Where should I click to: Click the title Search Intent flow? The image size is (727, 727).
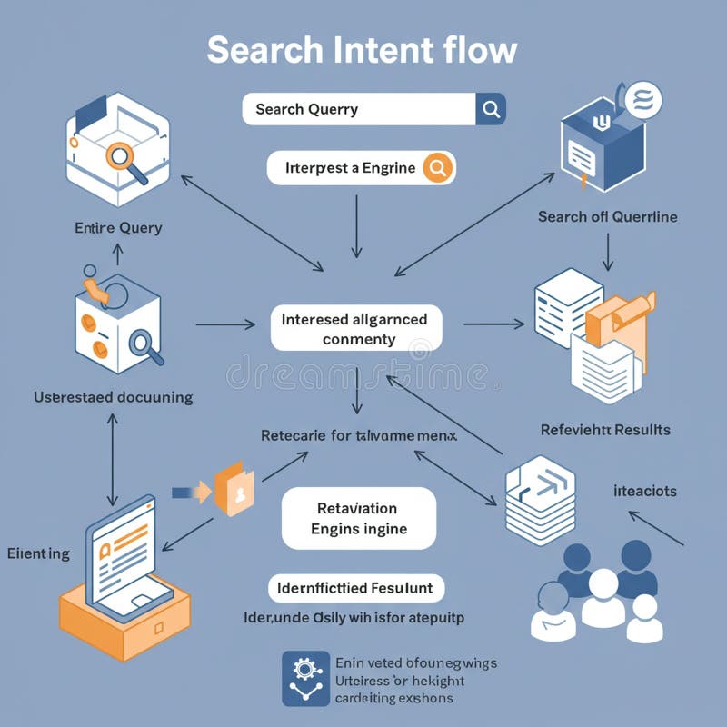click(x=362, y=50)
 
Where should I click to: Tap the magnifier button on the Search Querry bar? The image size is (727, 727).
click(x=491, y=110)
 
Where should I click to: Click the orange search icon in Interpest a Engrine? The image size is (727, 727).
click(x=437, y=168)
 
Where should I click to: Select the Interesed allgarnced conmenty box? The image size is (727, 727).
click(x=356, y=329)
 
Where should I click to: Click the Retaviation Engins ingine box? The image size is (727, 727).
click(x=359, y=518)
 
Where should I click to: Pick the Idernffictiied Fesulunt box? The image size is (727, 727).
click(x=357, y=588)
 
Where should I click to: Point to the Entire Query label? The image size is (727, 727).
click(x=118, y=228)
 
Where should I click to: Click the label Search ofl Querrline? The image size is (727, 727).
click(x=607, y=217)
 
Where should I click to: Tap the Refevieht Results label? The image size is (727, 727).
click(x=605, y=429)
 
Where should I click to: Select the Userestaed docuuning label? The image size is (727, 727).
click(x=113, y=397)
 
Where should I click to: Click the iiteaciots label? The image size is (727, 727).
click(x=644, y=491)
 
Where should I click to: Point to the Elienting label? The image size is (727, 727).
click(x=38, y=553)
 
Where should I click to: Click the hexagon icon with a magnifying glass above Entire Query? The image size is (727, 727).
click(x=119, y=151)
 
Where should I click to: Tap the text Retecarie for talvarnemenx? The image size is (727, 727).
click(x=358, y=436)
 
